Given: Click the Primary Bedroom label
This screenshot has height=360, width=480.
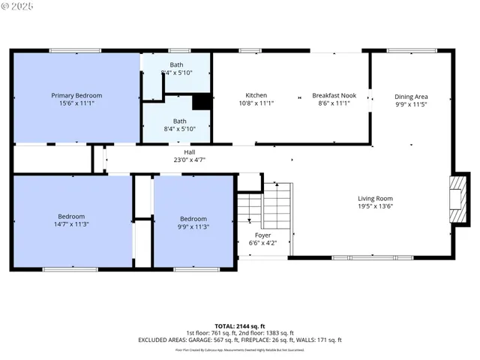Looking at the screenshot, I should (76, 95).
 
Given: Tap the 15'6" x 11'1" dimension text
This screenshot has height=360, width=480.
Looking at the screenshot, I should (76, 103).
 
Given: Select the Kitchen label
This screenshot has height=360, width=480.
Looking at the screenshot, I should (256, 95).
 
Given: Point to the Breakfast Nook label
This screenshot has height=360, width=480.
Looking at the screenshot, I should (334, 95).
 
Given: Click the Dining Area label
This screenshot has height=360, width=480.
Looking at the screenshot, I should (411, 96).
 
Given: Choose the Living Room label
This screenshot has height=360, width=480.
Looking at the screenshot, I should (375, 199).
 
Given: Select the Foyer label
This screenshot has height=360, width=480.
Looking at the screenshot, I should (262, 235).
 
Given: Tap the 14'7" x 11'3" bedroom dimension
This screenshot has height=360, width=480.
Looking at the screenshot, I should (71, 224).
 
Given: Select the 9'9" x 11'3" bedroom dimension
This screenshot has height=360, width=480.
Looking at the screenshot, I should (194, 226).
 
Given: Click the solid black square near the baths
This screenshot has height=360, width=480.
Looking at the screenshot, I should (201, 102).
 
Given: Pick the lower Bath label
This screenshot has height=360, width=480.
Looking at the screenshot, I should (180, 121).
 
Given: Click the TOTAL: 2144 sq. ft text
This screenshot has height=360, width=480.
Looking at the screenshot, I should (240, 325).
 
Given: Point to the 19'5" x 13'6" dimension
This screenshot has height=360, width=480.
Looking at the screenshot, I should (375, 207).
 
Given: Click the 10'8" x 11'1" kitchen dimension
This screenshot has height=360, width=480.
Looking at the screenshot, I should (256, 103).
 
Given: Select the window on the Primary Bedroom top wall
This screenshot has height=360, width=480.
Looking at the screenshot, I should (70, 50).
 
